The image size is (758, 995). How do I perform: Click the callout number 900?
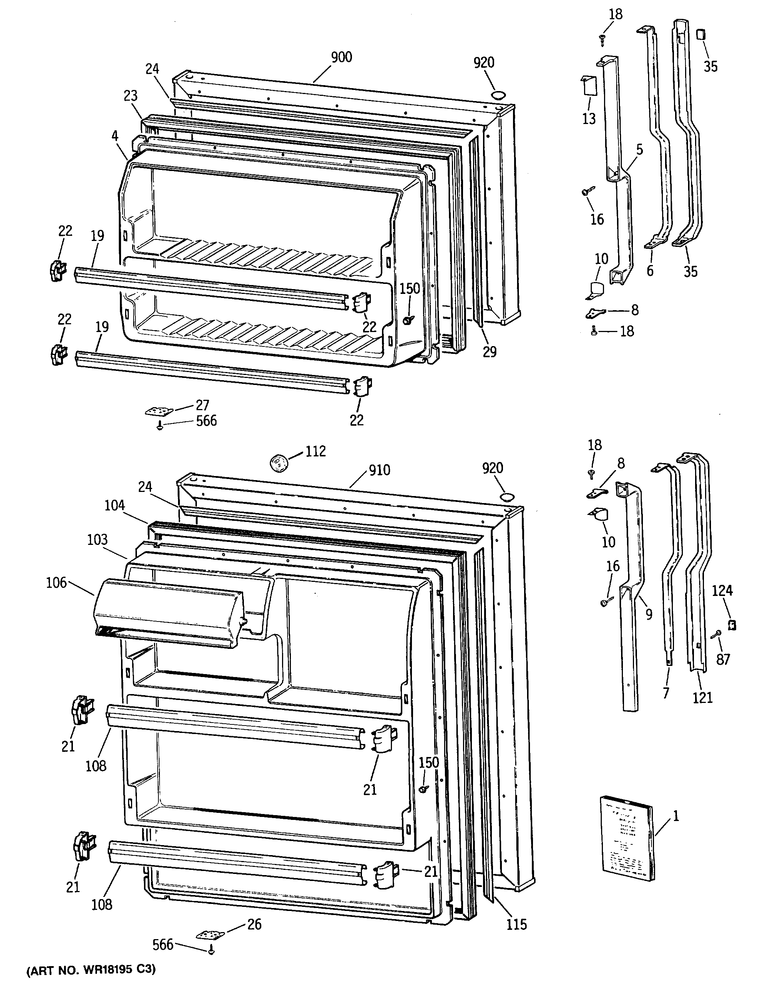[x=341, y=57]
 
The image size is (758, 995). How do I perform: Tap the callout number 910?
[x=379, y=470]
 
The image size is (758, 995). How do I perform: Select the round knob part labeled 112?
[x=279, y=463]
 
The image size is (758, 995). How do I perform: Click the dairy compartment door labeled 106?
[x=169, y=613]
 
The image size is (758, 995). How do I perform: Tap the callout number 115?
[x=516, y=925]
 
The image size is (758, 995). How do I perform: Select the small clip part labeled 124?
[x=732, y=624]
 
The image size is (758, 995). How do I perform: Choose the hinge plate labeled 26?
[x=210, y=933]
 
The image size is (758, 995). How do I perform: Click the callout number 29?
[x=490, y=352]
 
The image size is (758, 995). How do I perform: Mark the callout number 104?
[x=115, y=505]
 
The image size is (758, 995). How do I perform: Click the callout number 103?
[x=97, y=540]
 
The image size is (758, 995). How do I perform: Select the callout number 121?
[x=702, y=698]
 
